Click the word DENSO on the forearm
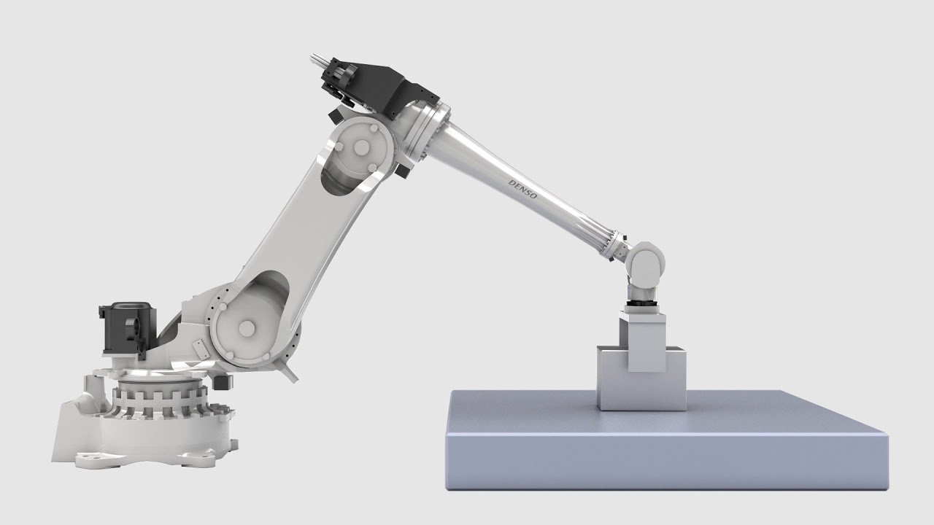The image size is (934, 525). [523, 189]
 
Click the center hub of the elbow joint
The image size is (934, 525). [361, 147]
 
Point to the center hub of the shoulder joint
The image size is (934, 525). [247, 328]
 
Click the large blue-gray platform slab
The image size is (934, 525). [666, 440]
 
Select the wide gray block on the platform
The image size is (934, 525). [641, 378]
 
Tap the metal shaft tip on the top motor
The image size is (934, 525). [319, 60]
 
